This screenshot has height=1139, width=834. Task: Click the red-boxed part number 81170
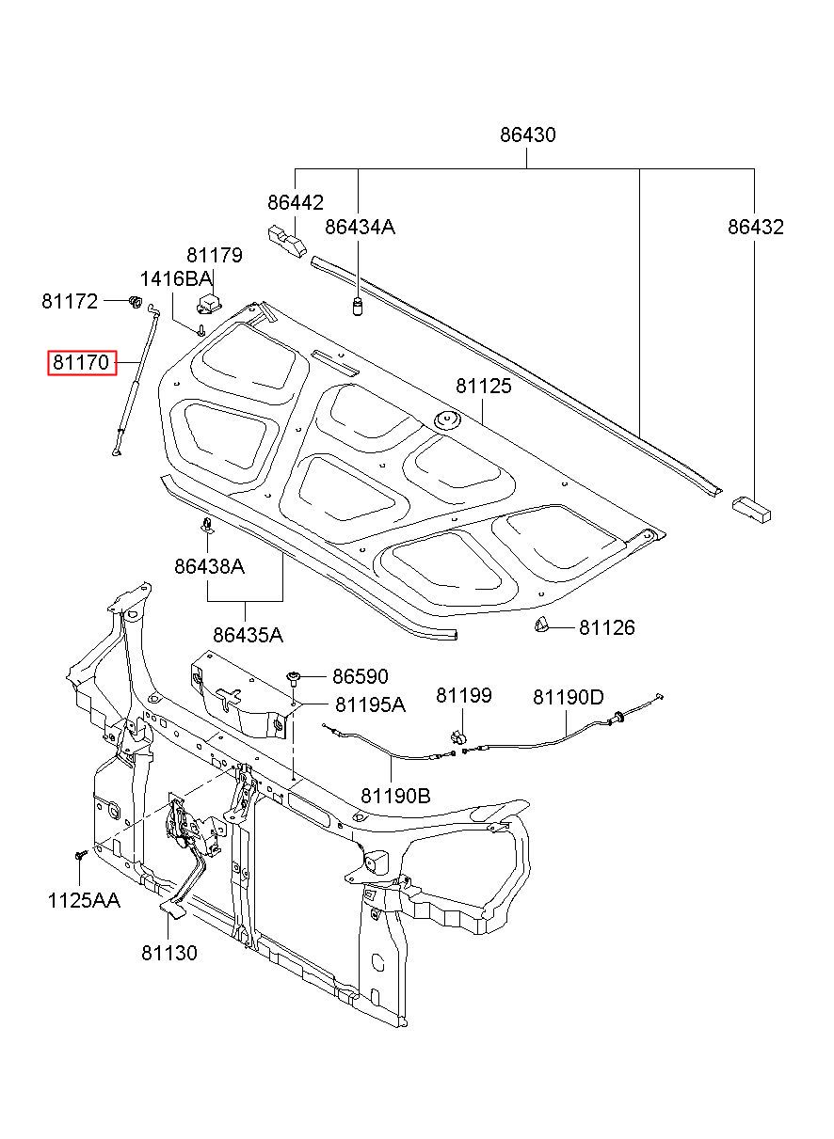pyautogui.click(x=81, y=362)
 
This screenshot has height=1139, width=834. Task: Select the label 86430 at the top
pyautogui.click(x=528, y=134)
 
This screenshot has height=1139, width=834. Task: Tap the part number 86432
pyautogui.click(x=756, y=227)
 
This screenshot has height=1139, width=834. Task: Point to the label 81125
pyautogui.click(x=484, y=386)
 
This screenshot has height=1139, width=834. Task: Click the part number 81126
pyautogui.click(x=607, y=627)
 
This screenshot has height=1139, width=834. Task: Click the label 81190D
pyautogui.click(x=569, y=697)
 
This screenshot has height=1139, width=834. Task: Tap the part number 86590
pyautogui.click(x=361, y=676)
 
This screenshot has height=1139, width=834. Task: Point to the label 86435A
pyautogui.click(x=248, y=635)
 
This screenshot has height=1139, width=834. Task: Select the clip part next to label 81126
pyautogui.click(x=541, y=624)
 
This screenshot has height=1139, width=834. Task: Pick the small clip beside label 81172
pyautogui.click(x=135, y=301)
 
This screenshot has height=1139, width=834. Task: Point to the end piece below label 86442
pyautogui.click(x=287, y=241)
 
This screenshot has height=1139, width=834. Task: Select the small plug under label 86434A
pyautogui.click(x=358, y=308)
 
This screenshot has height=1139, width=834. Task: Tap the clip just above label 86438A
pyautogui.click(x=208, y=525)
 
